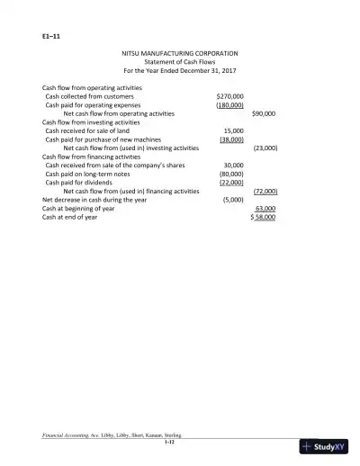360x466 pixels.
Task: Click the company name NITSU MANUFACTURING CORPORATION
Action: coord(179,54)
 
